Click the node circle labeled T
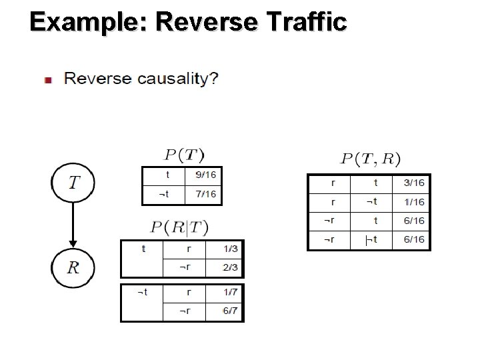pyautogui.click(x=73, y=182)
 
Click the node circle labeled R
pyautogui.click(x=73, y=267)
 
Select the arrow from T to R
pyautogui.click(x=73, y=224)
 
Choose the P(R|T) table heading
pyautogui.click(x=179, y=227)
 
